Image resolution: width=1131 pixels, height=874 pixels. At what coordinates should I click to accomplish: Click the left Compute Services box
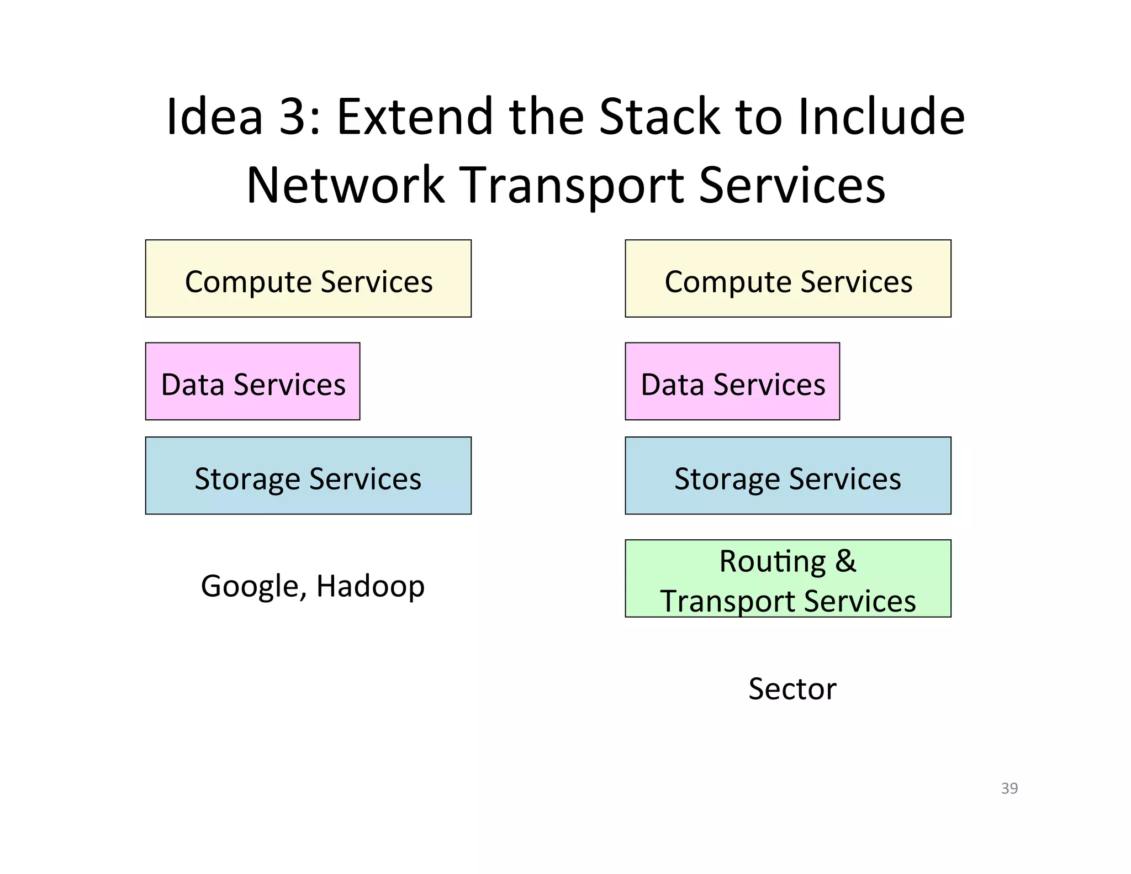(x=308, y=278)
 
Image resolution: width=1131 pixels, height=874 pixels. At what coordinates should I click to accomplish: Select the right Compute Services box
(x=788, y=278)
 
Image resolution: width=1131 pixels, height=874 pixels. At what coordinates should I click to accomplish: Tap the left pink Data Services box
(x=252, y=381)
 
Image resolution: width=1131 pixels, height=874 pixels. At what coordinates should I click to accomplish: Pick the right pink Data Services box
(x=732, y=381)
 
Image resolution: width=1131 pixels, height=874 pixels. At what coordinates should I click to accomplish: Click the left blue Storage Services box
(x=308, y=476)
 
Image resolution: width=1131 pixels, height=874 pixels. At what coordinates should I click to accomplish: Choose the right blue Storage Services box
(x=788, y=476)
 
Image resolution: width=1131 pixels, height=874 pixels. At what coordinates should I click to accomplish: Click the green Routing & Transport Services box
(x=788, y=578)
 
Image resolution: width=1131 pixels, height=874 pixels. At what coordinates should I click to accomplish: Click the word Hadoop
(x=370, y=586)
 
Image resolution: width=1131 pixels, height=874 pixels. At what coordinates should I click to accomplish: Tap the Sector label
(x=792, y=689)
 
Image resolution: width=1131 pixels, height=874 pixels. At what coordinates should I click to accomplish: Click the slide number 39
(x=1009, y=788)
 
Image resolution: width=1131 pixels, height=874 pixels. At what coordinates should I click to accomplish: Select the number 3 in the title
(x=293, y=117)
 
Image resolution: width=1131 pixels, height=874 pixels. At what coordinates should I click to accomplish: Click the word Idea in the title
(x=214, y=117)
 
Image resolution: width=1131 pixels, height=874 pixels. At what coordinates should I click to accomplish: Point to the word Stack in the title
(x=660, y=117)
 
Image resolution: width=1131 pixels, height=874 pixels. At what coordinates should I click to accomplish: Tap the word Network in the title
(x=345, y=185)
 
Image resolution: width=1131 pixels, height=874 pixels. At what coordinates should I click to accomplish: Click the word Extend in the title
(x=414, y=117)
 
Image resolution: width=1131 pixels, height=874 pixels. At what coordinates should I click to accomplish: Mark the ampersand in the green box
(x=845, y=561)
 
